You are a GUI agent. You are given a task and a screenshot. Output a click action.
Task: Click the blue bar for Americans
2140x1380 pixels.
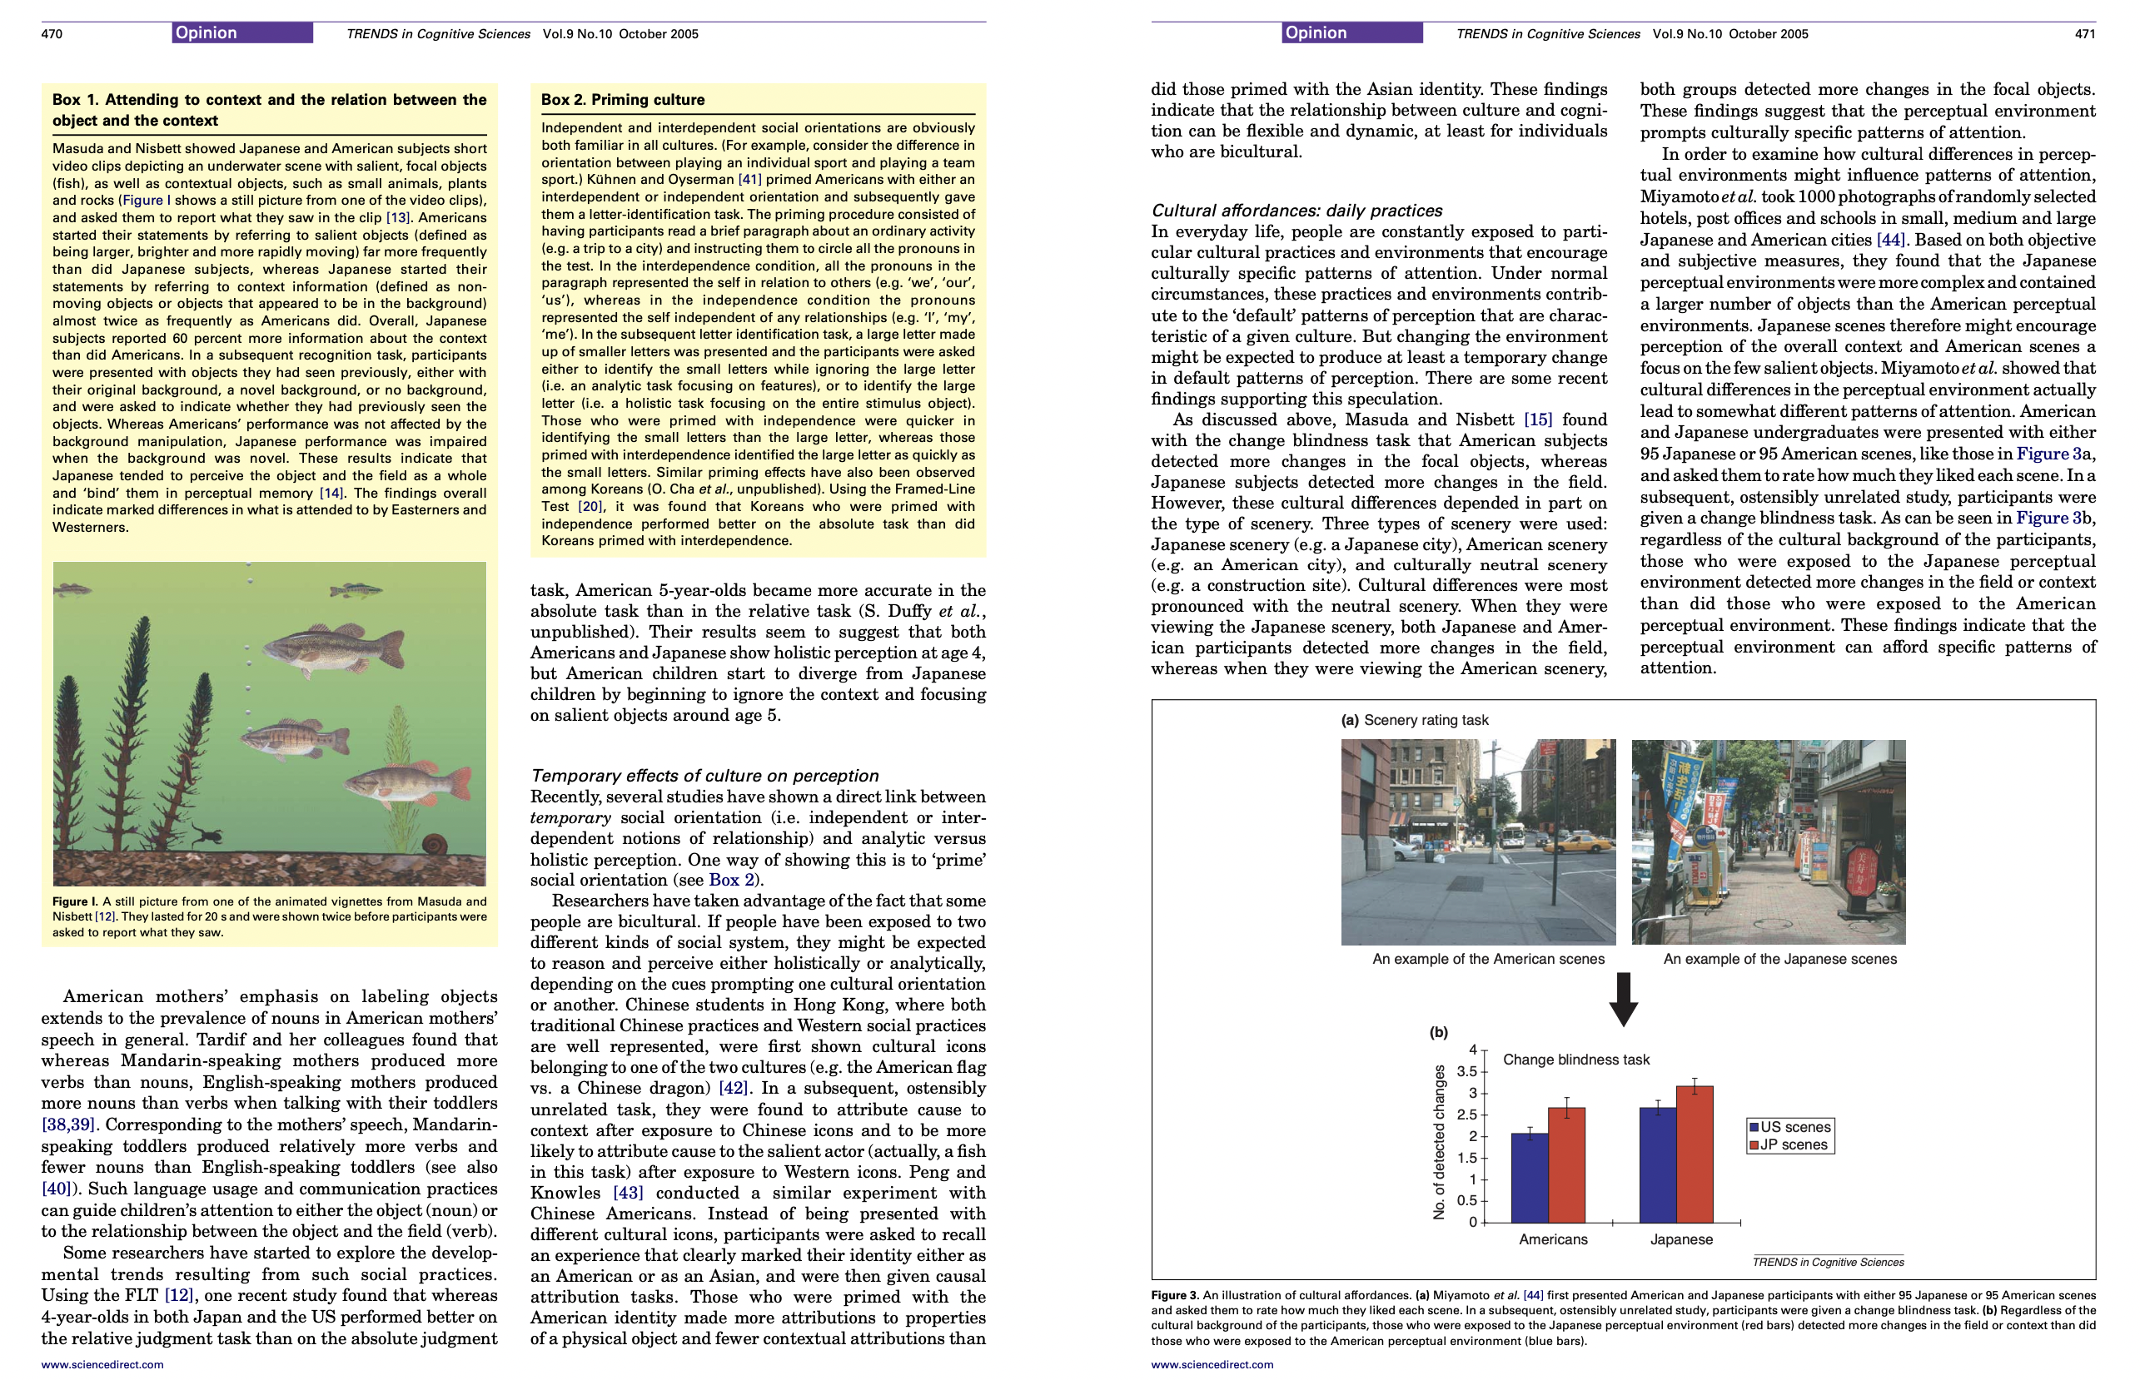pyautogui.click(x=1529, y=1178)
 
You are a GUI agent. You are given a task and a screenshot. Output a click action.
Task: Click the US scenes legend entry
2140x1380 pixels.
pyautogui.click(x=1789, y=1127)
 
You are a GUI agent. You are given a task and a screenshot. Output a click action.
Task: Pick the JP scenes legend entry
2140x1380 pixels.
pyautogui.click(x=1789, y=1145)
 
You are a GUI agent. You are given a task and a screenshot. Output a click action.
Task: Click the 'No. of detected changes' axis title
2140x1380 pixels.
pyautogui.click(x=1440, y=1142)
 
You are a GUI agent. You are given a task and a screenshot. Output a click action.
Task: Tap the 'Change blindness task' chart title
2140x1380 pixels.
pyautogui.click(x=1575, y=1060)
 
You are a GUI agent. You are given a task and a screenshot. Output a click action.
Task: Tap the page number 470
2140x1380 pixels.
pyautogui.click(x=52, y=34)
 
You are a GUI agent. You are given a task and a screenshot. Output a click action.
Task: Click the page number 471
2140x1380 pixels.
pyautogui.click(x=2084, y=34)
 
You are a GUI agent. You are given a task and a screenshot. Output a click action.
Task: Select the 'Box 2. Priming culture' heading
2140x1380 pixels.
pyautogui.click(x=622, y=100)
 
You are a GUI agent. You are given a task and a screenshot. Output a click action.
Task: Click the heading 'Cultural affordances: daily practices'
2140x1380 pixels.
pyautogui.click(x=1296, y=211)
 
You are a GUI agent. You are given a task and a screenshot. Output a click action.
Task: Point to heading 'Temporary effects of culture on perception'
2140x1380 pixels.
pyautogui.click(x=704, y=776)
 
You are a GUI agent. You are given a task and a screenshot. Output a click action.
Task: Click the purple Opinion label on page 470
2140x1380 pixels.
pyautogui.click(x=242, y=33)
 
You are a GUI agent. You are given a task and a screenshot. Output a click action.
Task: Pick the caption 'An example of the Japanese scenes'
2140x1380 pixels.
pyautogui.click(x=1779, y=959)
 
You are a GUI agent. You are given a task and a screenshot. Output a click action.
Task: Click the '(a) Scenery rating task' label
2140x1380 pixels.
pyautogui.click(x=1414, y=720)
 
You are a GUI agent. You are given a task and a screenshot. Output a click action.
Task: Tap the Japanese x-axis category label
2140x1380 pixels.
pyautogui.click(x=1681, y=1239)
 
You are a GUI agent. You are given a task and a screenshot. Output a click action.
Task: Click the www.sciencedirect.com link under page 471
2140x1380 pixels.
pyautogui.click(x=1212, y=1365)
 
